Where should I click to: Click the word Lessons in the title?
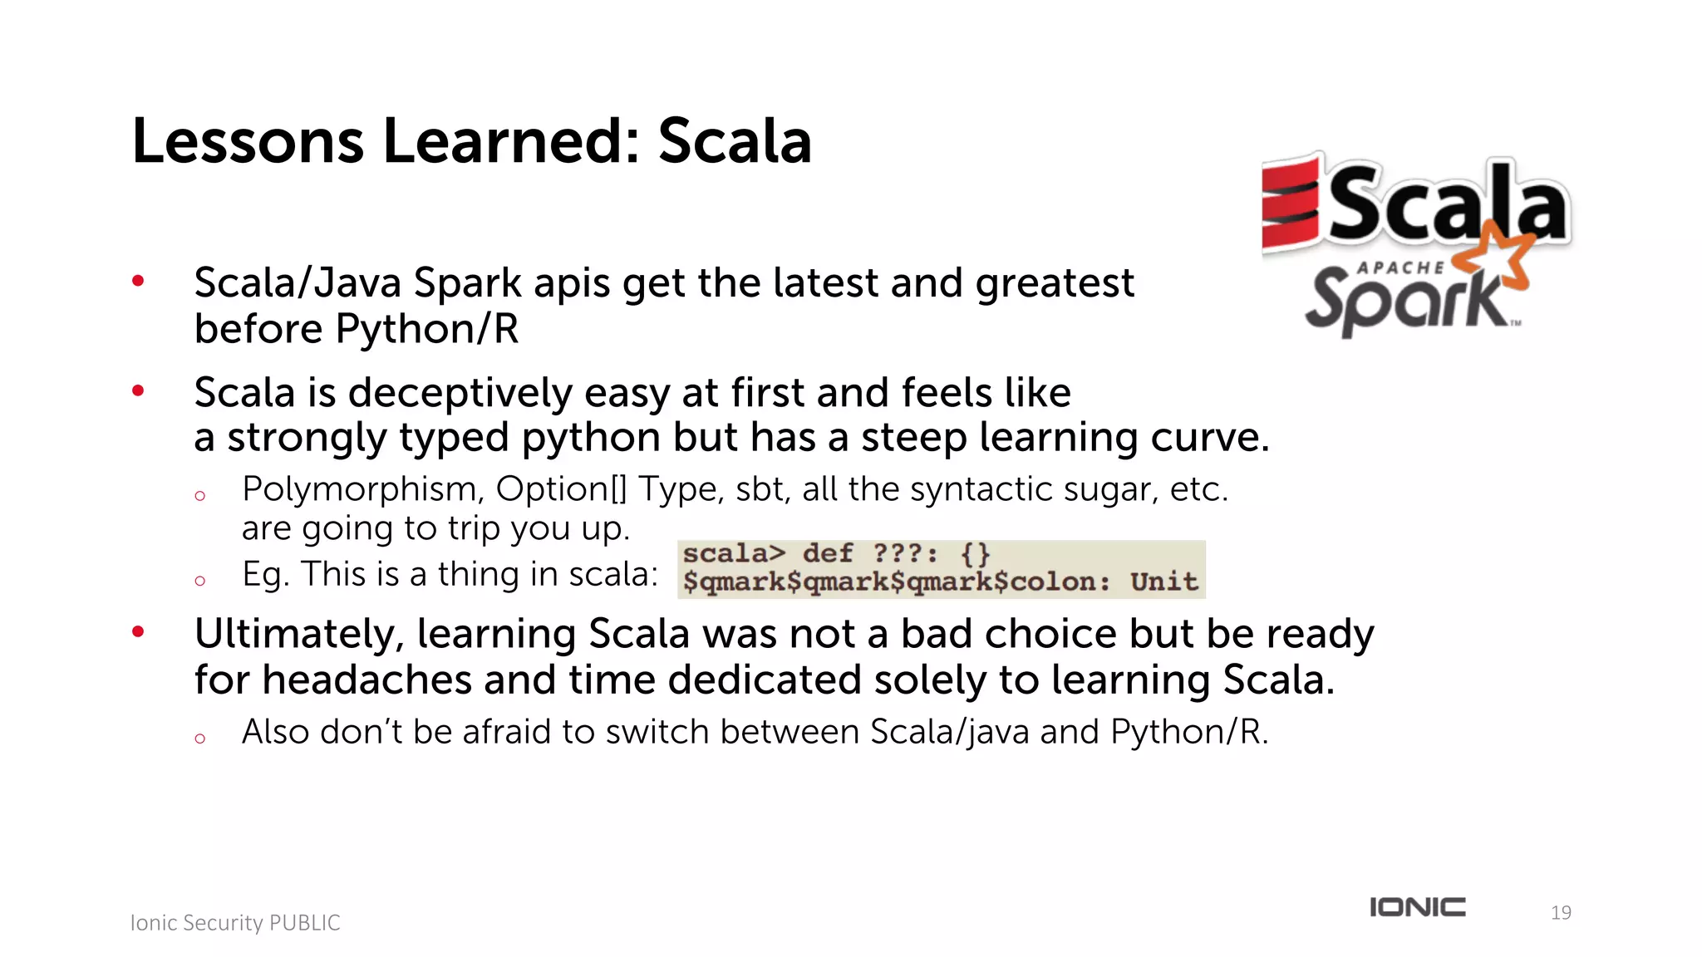pos(248,141)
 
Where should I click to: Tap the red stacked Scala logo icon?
pos(1290,206)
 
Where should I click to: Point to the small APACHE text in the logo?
pos(1400,267)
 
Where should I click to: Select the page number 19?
pos(1561,913)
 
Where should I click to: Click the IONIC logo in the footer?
pos(1418,907)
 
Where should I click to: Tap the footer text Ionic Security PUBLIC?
pos(235,923)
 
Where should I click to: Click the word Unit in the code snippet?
pos(1163,582)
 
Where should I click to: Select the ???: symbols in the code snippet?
pos(905,553)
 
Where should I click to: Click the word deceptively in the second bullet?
pos(460,393)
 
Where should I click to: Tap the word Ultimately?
pos(298,635)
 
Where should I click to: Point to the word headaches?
pos(366,680)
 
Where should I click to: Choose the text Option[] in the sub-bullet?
pos(561,489)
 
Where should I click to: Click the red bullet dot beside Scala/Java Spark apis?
pos(139,282)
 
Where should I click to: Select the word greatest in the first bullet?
pos(1054,284)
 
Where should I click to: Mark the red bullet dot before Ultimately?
pos(139,632)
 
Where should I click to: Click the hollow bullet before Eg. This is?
pos(199,581)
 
